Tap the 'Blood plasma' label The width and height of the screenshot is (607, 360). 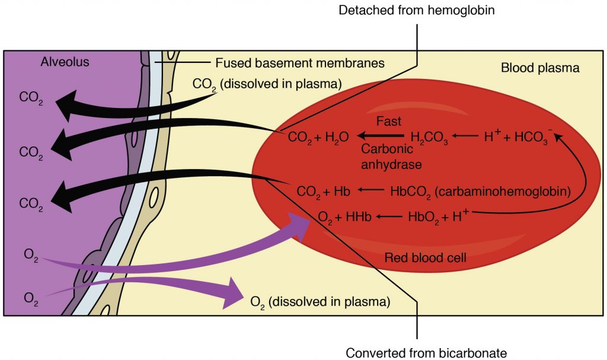[540, 68]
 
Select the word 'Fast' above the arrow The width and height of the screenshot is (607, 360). [389, 122]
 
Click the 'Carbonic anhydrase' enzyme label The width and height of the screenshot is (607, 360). [389, 157]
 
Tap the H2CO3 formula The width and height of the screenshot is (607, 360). [430, 138]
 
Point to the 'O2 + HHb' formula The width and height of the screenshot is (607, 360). [345, 217]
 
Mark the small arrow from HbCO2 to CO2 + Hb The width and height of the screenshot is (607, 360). [370, 192]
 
